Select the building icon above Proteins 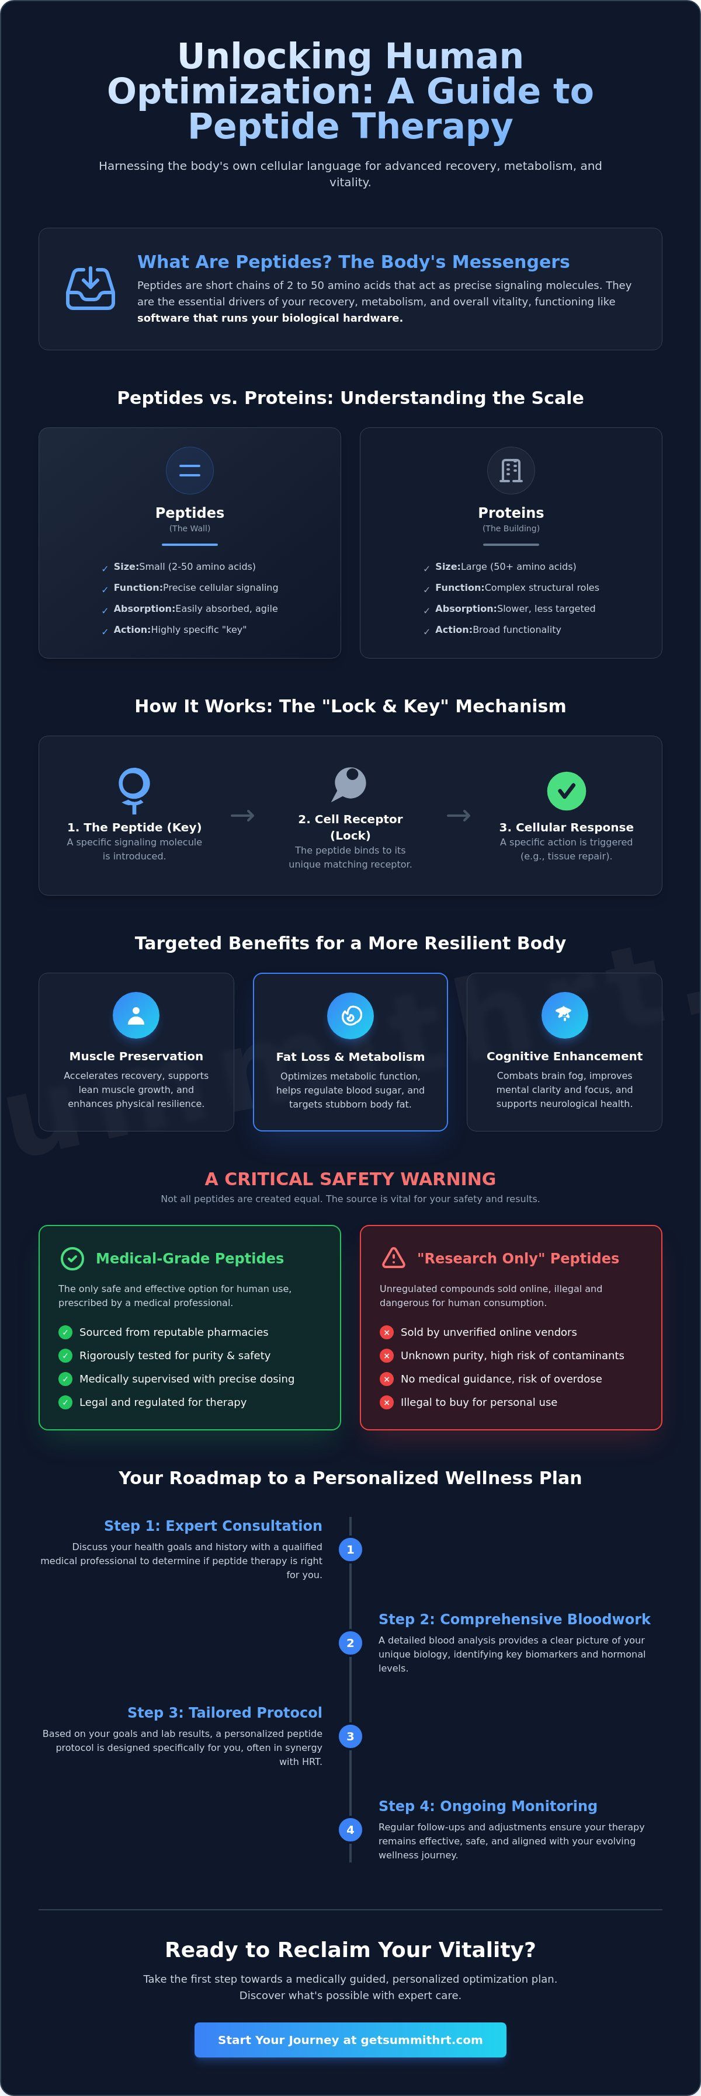point(511,471)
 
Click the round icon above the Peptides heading point(190,471)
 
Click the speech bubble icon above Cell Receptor point(350,784)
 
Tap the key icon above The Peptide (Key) point(134,790)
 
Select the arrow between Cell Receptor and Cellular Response point(459,815)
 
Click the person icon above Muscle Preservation point(136,1015)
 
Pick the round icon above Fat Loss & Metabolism point(350,1015)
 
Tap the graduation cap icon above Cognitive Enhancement point(564,1015)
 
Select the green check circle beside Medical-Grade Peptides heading point(72,1258)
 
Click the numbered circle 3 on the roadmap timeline point(350,1736)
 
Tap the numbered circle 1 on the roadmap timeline point(350,1549)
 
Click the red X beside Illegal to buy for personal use point(387,1402)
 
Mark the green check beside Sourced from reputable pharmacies point(65,1332)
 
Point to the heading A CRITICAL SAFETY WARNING point(350,1178)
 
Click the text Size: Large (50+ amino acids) point(506,566)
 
